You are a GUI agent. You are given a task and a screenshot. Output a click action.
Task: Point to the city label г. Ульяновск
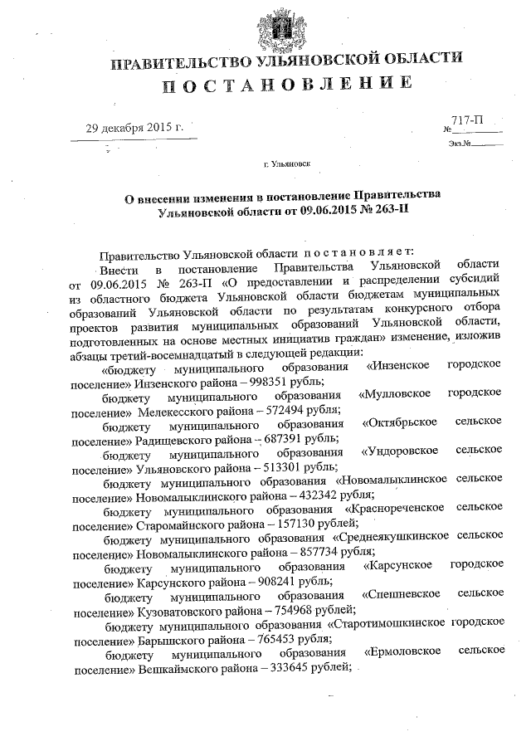click(x=287, y=164)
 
